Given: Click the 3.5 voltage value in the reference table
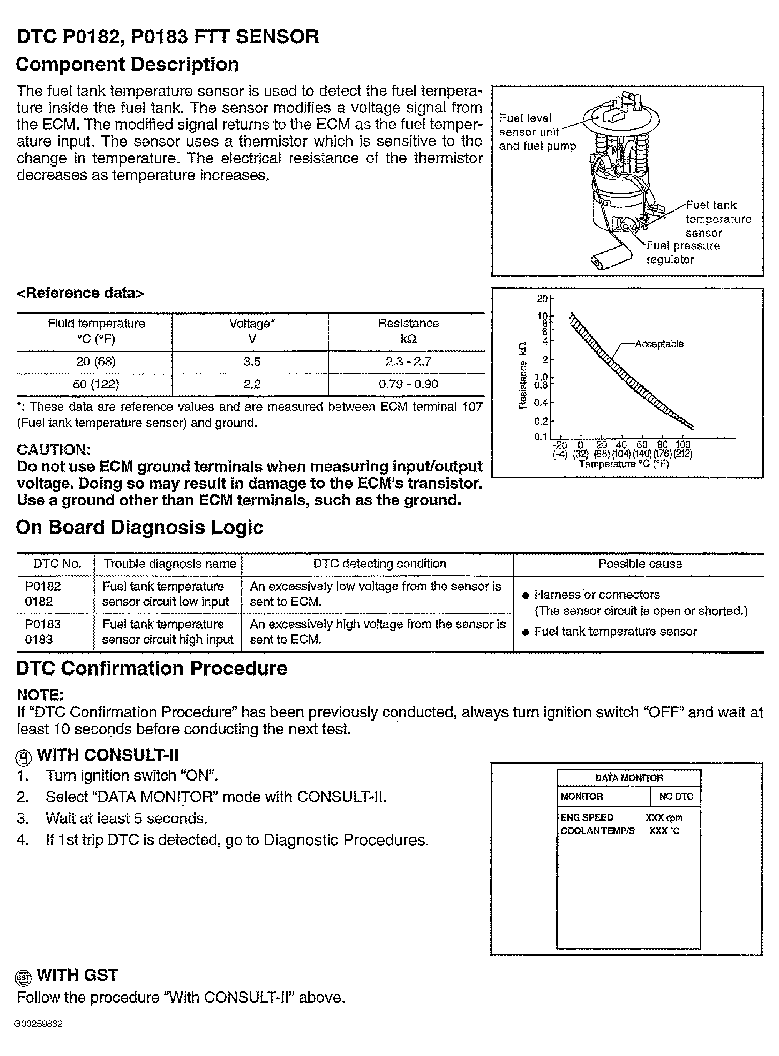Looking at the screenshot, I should point(252,362).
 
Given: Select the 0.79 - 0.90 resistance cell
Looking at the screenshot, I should point(408,384).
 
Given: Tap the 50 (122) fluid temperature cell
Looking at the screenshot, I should point(96,384).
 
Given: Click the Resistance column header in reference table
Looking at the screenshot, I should point(408,330).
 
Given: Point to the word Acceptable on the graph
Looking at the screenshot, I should point(659,344).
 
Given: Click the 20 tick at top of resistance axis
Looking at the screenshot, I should point(542,299).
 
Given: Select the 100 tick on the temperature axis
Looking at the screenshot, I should point(682,444).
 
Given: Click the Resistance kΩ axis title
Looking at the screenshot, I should point(523,375).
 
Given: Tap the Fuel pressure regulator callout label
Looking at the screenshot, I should point(682,252).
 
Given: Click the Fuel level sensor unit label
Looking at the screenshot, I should point(529,125).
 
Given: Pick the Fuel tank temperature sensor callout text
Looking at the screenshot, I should point(718,219).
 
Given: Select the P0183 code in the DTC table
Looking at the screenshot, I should point(43,624).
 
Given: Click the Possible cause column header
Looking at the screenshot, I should point(640,564).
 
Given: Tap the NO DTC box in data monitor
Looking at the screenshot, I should point(676,796).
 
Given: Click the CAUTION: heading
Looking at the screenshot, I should point(54,450).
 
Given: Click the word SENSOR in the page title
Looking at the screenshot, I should point(277,36).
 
